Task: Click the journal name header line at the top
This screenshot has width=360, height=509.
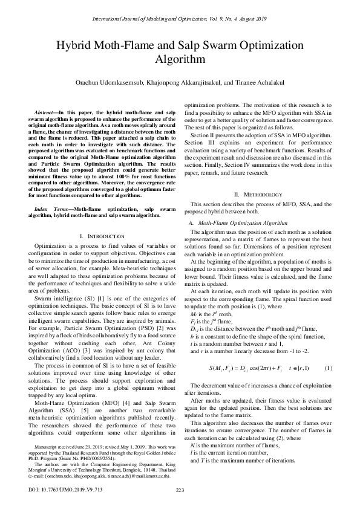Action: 180,20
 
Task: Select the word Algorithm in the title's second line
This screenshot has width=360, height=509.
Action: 180,59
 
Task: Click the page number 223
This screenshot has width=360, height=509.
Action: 179,490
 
